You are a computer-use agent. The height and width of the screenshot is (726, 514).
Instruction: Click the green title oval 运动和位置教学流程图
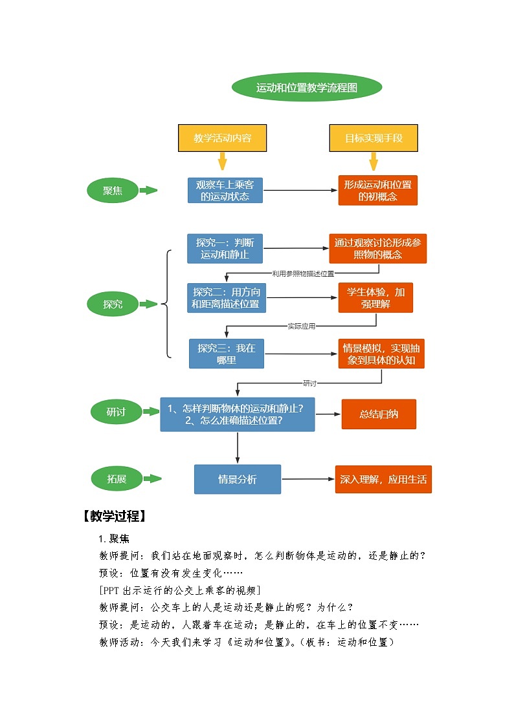click(x=306, y=87)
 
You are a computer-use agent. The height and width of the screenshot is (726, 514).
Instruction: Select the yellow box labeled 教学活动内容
click(x=222, y=138)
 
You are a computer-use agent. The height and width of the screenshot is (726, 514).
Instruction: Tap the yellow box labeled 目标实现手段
click(x=373, y=138)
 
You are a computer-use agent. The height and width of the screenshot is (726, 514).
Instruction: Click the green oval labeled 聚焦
click(x=113, y=191)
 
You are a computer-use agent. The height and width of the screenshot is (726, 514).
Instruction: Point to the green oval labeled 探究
click(x=113, y=304)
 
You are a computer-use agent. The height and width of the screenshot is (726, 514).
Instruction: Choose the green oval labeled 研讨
click(x=116, y=412)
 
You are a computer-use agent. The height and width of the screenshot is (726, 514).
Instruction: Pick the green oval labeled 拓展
click(x=117, y=479)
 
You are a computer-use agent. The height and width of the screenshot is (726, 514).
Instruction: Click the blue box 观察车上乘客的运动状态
click(x=225, y=191)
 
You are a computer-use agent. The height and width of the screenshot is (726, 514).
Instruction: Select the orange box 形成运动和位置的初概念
click(x=377, y=191)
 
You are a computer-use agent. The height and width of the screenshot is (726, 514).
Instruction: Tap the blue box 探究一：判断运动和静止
click(x=226, y=248)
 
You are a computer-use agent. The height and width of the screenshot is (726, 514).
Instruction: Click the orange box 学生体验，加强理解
click(x=375, y=298)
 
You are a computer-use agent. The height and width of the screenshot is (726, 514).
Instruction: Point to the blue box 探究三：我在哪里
click(x=227, y=354)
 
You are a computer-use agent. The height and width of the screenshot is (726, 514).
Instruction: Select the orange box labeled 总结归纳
click(x=379, y=414)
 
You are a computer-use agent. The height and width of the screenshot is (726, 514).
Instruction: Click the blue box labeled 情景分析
click(x=238, y=479)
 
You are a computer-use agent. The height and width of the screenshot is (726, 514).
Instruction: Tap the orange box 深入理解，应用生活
click(x=383, y=479)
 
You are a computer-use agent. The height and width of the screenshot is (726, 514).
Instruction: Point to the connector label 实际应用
click(x=301, y=326)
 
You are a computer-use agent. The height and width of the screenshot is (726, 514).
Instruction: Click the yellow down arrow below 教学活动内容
click(x=222, y=162)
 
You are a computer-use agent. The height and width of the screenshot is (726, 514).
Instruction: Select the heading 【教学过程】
click(x=114, y=516)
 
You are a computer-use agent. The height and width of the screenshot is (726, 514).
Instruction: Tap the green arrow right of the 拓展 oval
click(x=152, y=479)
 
